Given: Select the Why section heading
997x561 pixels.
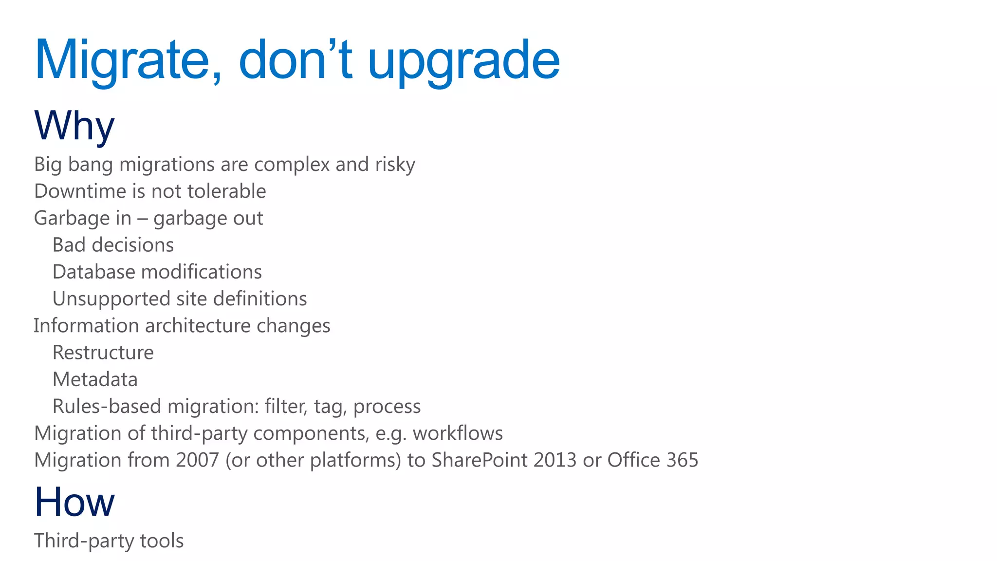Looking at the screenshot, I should pos(74,126).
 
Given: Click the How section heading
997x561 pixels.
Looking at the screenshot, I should pos(74,502).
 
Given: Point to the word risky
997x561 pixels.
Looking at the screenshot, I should pos(395,165).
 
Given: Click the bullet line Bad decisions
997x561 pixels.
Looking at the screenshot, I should pos(113,245).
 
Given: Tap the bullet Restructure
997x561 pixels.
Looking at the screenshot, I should pos(103,353).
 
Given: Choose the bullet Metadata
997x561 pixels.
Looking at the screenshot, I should pos(95,379).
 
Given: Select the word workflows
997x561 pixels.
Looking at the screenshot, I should pos(458,433).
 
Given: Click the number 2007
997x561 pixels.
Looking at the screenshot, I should pos(197,460).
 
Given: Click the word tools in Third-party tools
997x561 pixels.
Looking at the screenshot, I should pos(162,541).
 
